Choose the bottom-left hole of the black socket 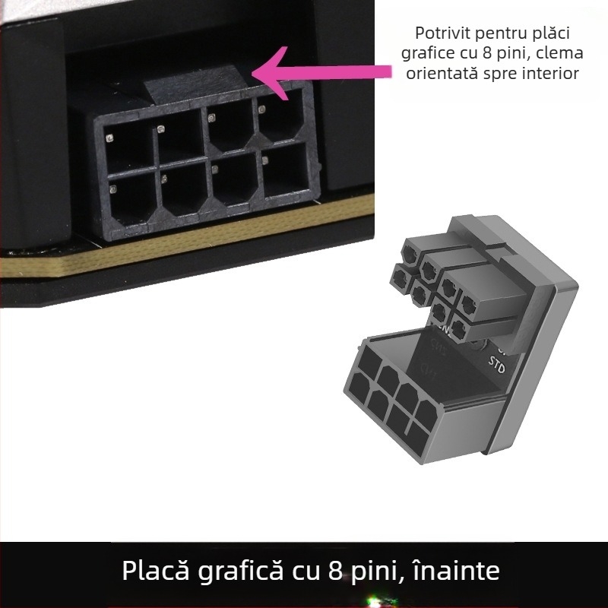(132, 198)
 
